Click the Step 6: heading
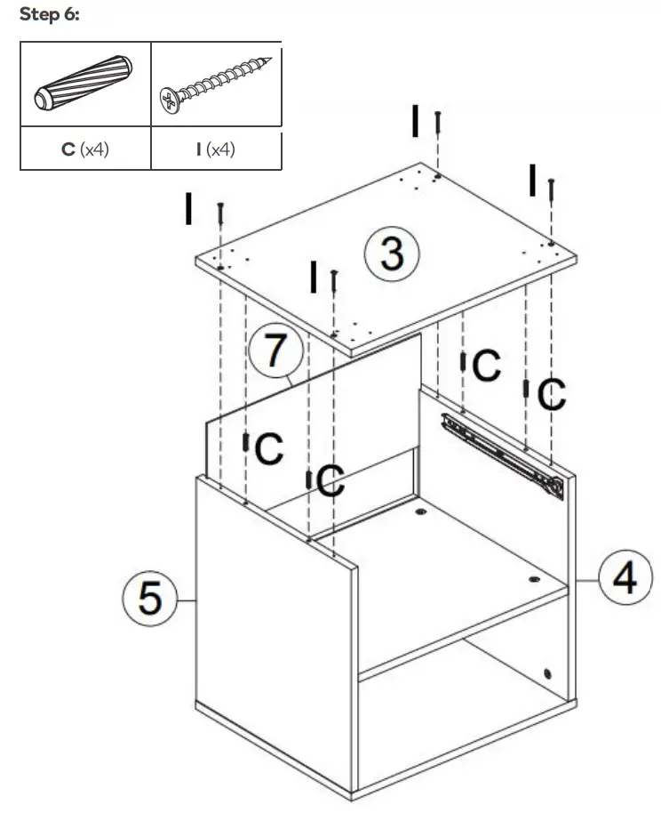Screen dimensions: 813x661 point(50,18)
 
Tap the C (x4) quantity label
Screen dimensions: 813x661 point(85,149)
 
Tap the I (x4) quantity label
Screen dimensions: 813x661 point(216,149)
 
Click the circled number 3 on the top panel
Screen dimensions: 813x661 point(392,254)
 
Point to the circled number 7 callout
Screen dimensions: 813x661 point(275,351)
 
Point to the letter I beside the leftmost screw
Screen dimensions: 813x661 point(188,208)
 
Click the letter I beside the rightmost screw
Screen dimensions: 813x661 point(531,180)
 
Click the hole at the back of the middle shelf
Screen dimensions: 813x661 point(419,513)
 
